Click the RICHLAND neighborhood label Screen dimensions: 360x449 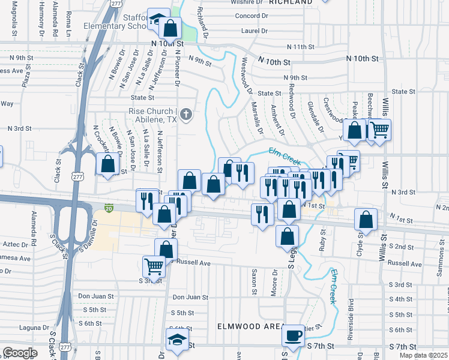pyautogui.click(x=291, y=2)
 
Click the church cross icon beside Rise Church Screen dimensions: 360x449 pyautogui.click(x=187, y=113)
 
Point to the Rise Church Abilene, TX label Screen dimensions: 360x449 pyautogui.click(x=155, y=115)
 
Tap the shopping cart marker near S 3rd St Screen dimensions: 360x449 pyautogui.click(x=154, y=267)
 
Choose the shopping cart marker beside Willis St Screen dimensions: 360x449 pyautogui.click(x=379, y=130)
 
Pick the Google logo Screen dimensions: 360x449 pyautogui.click(x=20, y=352)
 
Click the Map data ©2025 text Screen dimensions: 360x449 pyautogui.click(x=424, y=355)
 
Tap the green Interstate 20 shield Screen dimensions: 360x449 pyautogui.click(x=109, y=208)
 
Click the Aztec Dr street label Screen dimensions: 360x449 pyautogui.click(x=16, y=245)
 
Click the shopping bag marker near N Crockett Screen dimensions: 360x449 pyautogui.click(x=107, y=164)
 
